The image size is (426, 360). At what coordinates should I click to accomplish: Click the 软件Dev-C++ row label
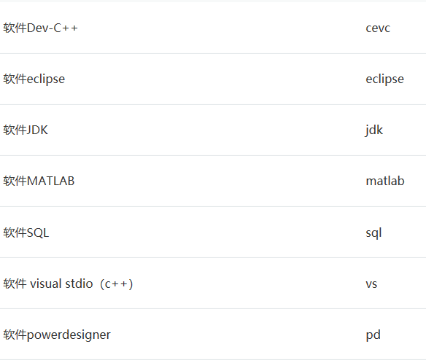[x=40, y=28]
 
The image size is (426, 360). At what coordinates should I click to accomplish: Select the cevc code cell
[x=378, y=28]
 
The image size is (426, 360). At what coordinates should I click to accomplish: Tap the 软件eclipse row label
[x=34, y=79]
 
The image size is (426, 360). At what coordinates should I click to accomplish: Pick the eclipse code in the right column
[x=384, y=79]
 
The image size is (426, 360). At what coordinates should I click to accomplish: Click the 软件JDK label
[x=26, y=130]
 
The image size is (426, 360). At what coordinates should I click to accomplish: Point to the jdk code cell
[x=373, y=130]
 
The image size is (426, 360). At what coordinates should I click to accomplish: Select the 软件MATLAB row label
[x=39, y=181]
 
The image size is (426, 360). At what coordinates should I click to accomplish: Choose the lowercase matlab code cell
[x=385, y=181]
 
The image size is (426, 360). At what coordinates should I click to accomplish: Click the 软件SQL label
[x=26, y=232]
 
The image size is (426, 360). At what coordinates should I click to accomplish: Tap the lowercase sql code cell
[x=373, y=233]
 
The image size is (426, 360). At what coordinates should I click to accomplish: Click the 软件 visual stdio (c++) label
[x=68, y=284]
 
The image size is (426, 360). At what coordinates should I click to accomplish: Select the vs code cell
[x=371, y=284]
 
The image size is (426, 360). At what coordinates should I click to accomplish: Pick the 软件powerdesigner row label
[x=57, y=334]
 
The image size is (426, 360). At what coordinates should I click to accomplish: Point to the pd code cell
[x=373, y=335]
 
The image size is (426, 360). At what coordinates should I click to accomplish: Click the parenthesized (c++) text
[x=117, y=284]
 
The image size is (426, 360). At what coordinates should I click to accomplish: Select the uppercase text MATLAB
[x=51, y=181]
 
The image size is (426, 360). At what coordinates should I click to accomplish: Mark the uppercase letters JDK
[x=37, y=130]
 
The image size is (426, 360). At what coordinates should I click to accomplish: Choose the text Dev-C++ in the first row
[x=53, y=28]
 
